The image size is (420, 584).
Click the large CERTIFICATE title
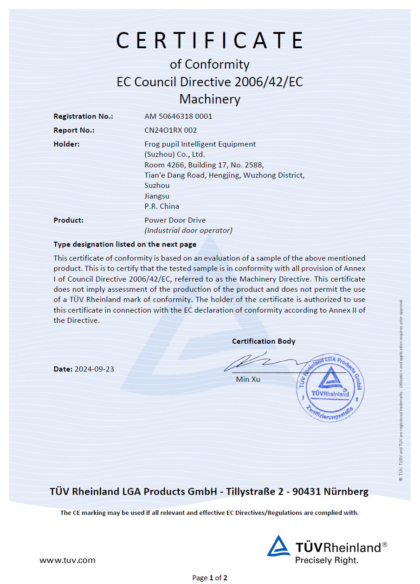210,40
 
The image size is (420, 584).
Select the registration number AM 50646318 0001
178,116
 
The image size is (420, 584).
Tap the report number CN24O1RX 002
170,130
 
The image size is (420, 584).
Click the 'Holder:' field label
66,144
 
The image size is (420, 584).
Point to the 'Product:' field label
68,220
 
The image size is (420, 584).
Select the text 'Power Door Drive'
175,220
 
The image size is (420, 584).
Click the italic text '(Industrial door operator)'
188,230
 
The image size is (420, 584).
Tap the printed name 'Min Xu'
248,379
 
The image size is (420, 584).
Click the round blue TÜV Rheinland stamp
330,387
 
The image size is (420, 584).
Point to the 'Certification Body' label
264,341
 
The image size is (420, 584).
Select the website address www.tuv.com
67,560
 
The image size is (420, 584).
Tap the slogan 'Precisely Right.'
327,560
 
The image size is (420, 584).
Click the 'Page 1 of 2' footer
210,578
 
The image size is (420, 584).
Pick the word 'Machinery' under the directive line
210,99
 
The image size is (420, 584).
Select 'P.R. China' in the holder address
162,206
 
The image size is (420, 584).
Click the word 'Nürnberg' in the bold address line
346,492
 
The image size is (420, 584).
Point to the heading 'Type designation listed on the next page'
125,244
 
